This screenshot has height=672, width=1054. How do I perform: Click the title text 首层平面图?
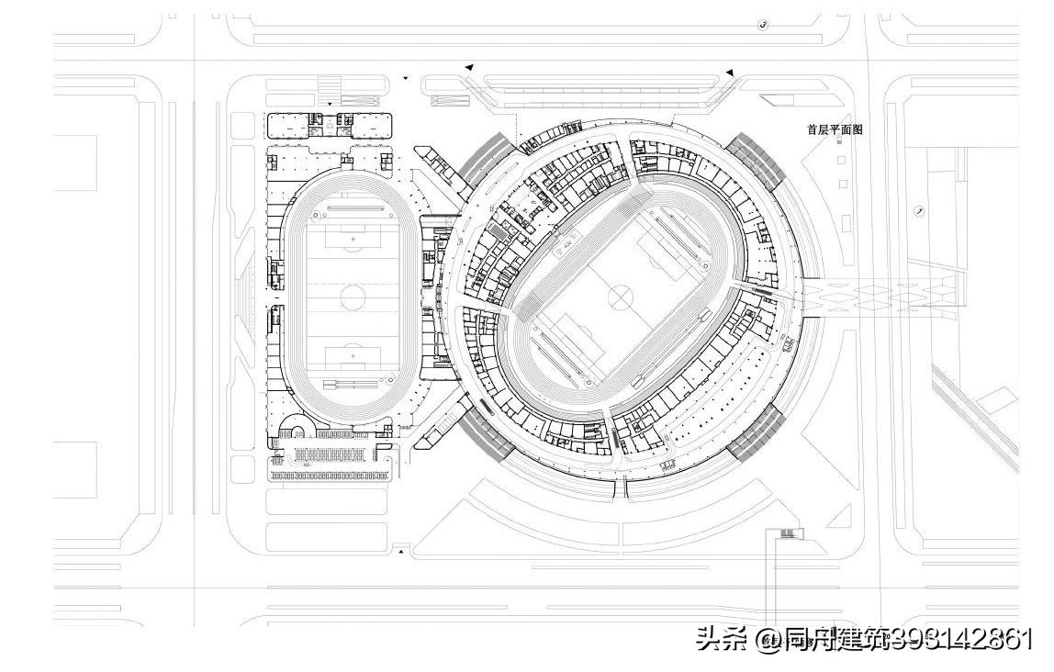tap(834, 130)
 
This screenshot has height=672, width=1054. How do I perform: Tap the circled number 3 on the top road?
tap(763, 25)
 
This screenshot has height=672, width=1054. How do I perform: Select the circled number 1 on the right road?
tap(919, 210)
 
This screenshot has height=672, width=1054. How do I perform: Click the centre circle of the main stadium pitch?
tap(622, 297)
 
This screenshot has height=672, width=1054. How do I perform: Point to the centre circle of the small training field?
tap(353, 296)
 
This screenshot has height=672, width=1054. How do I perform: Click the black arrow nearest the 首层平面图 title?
tap(730, 73)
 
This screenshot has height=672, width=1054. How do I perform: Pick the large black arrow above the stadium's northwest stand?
tap(469, 67)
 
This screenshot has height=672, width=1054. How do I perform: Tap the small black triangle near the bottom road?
tap(400, 551)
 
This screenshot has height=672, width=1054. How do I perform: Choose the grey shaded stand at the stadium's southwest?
tap(487, 431)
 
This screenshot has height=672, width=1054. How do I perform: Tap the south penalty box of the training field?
tap(353, 354)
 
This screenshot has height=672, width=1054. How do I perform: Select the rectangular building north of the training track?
tap(329, 124)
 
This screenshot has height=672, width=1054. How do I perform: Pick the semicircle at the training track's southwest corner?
tap(297, 427)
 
